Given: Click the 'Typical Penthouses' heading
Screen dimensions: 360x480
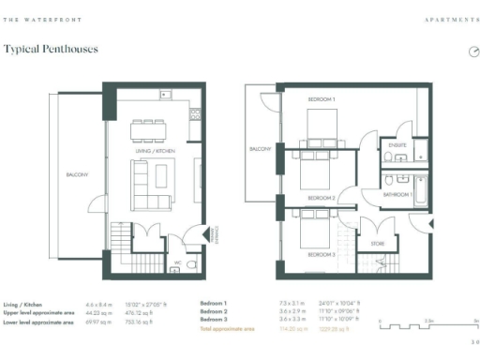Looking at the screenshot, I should [52, 48].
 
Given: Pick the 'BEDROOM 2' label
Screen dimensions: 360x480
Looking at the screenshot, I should [322, 198].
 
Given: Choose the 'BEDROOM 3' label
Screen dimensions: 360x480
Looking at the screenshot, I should [322, 255].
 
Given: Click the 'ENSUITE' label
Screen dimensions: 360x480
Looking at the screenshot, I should [397, 145].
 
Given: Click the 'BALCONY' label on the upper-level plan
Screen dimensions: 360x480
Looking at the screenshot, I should [260, 149].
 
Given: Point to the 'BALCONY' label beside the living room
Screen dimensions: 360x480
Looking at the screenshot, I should [77, 175].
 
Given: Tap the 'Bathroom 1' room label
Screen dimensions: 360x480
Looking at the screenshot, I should [397, 193].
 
